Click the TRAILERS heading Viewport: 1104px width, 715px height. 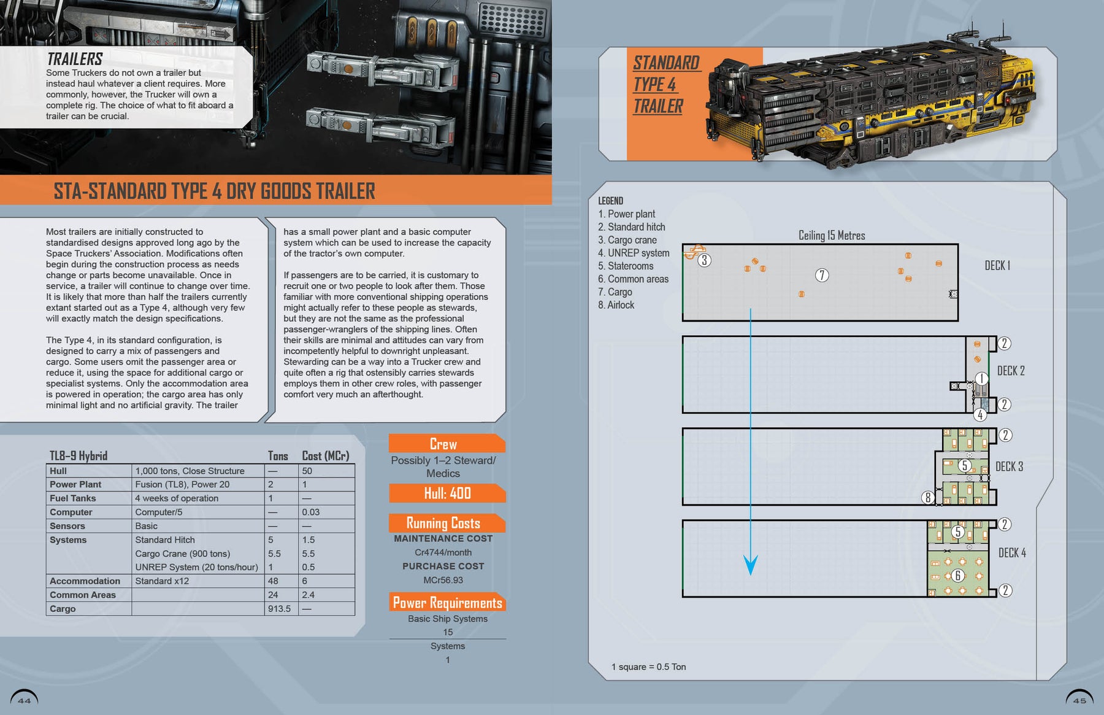point(75,59)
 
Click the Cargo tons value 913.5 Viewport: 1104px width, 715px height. point(279,609)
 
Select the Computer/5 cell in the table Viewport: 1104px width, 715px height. point(159,512)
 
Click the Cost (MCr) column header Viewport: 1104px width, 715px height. point(325,456)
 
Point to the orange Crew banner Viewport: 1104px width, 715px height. point(443,444)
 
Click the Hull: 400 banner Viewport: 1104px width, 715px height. point(447,493)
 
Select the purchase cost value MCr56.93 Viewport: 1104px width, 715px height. point(443,580)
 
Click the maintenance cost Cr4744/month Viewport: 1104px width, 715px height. point(443,552)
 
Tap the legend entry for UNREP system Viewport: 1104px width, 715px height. point(634,253)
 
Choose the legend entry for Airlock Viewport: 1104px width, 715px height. point(616,305)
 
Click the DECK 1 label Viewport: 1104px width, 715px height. point(997,265)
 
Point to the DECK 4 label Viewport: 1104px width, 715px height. point(1012,552)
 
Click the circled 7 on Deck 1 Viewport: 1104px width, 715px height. point(822,275)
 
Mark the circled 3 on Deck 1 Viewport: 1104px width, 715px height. point(705,260)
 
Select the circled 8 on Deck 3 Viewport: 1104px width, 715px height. point(928,497)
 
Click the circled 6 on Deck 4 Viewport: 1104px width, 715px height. point(957,575)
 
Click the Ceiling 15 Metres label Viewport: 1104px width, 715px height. point(832,236)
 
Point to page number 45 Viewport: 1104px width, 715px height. point(1079,700)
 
